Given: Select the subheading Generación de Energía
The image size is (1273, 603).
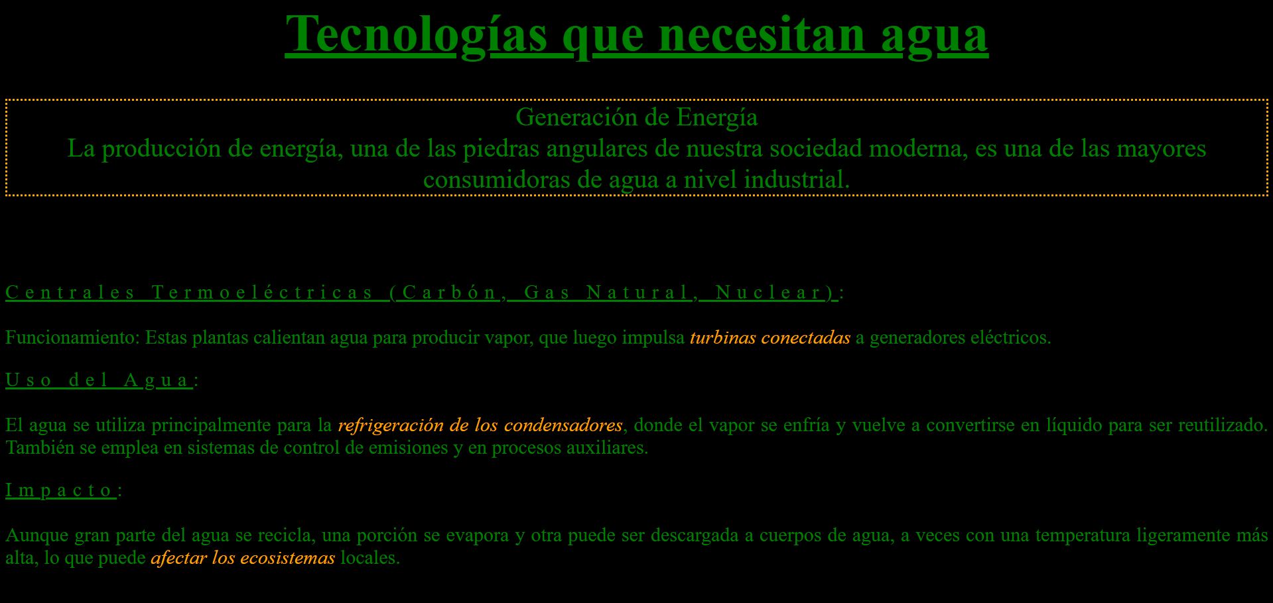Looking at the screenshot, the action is click(637, 117).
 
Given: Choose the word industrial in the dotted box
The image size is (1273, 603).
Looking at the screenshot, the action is click(796, 180).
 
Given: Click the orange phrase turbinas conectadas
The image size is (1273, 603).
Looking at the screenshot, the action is click(770, 338).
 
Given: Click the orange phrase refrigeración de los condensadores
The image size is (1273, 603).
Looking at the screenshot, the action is click(480, 425).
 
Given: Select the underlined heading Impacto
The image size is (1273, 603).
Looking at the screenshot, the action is click(61, 490).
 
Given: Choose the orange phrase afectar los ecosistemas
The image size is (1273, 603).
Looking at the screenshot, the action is click(243, 557).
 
